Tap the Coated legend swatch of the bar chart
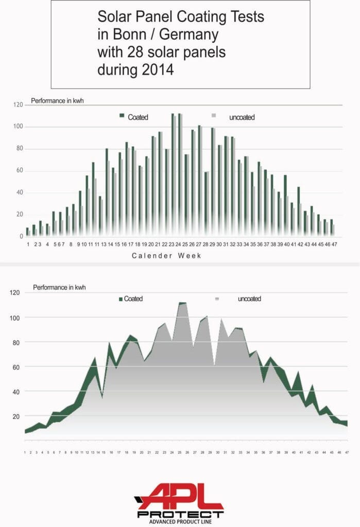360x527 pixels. click(x=122, y=116)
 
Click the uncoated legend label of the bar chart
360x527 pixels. click(x=242, y=117)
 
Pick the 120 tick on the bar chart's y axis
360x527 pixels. click(x=18, y=105)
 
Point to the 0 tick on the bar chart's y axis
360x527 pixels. click(x=22, y=237)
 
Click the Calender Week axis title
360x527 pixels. click(x=166, y=256)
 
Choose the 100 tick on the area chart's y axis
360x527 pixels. click(x=15, y=318)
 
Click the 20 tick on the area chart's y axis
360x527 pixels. click(x=16, y=416)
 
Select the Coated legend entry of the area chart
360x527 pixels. click(x=131, y=298)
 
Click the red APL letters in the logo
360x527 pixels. click(x=180, y=497)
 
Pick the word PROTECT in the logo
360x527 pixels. click(x=180, y=513)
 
